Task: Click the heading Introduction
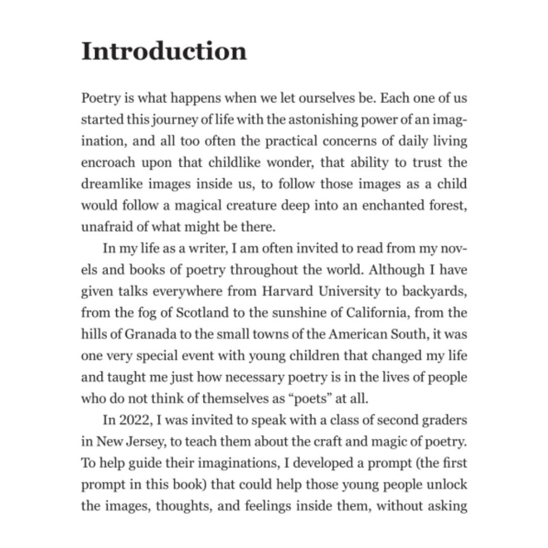[164, 51]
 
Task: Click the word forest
[446, 205]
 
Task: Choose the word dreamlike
[109, 184]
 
